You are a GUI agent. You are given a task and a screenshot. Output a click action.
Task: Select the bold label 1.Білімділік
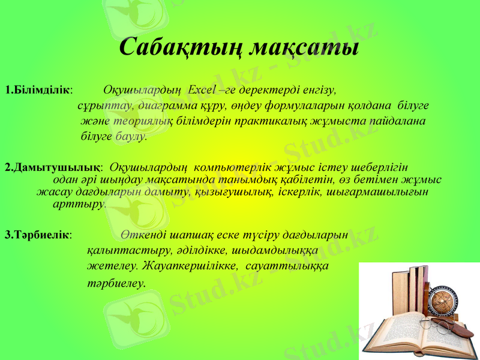coord(37,91)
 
